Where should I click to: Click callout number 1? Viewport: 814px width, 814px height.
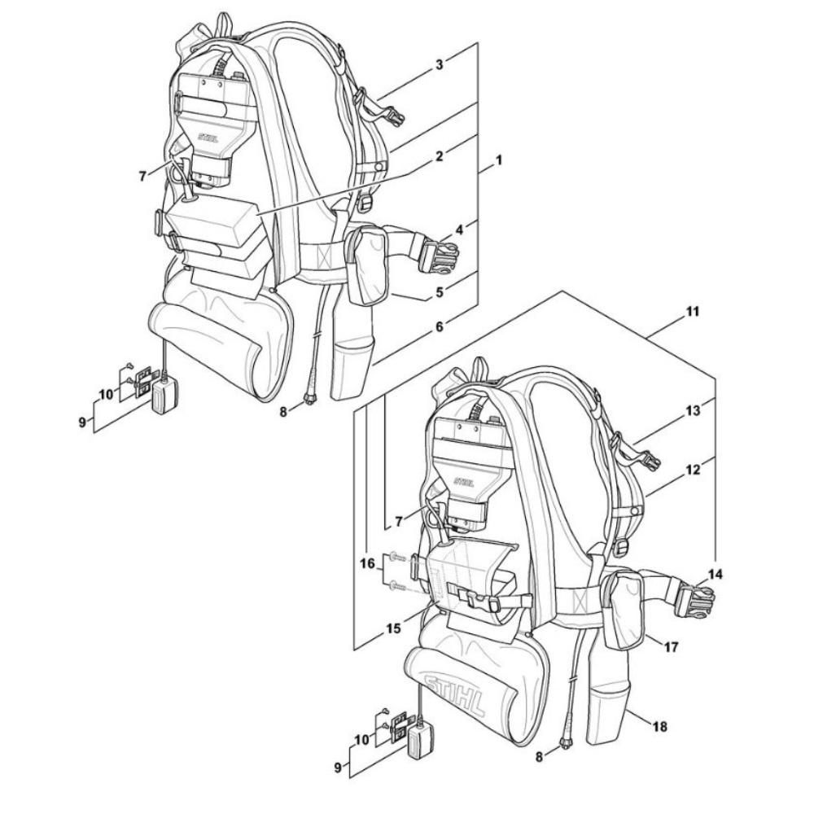[x=498, y=160]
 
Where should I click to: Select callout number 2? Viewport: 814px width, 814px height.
[x=439, y=155]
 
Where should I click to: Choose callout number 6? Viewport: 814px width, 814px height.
[x=439, y=326]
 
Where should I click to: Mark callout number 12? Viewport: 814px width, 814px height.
[x=694, y=470]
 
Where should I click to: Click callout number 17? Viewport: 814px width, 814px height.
[x=671, y=650]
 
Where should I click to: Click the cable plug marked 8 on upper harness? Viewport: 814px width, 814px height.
[x=309, y=398]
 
